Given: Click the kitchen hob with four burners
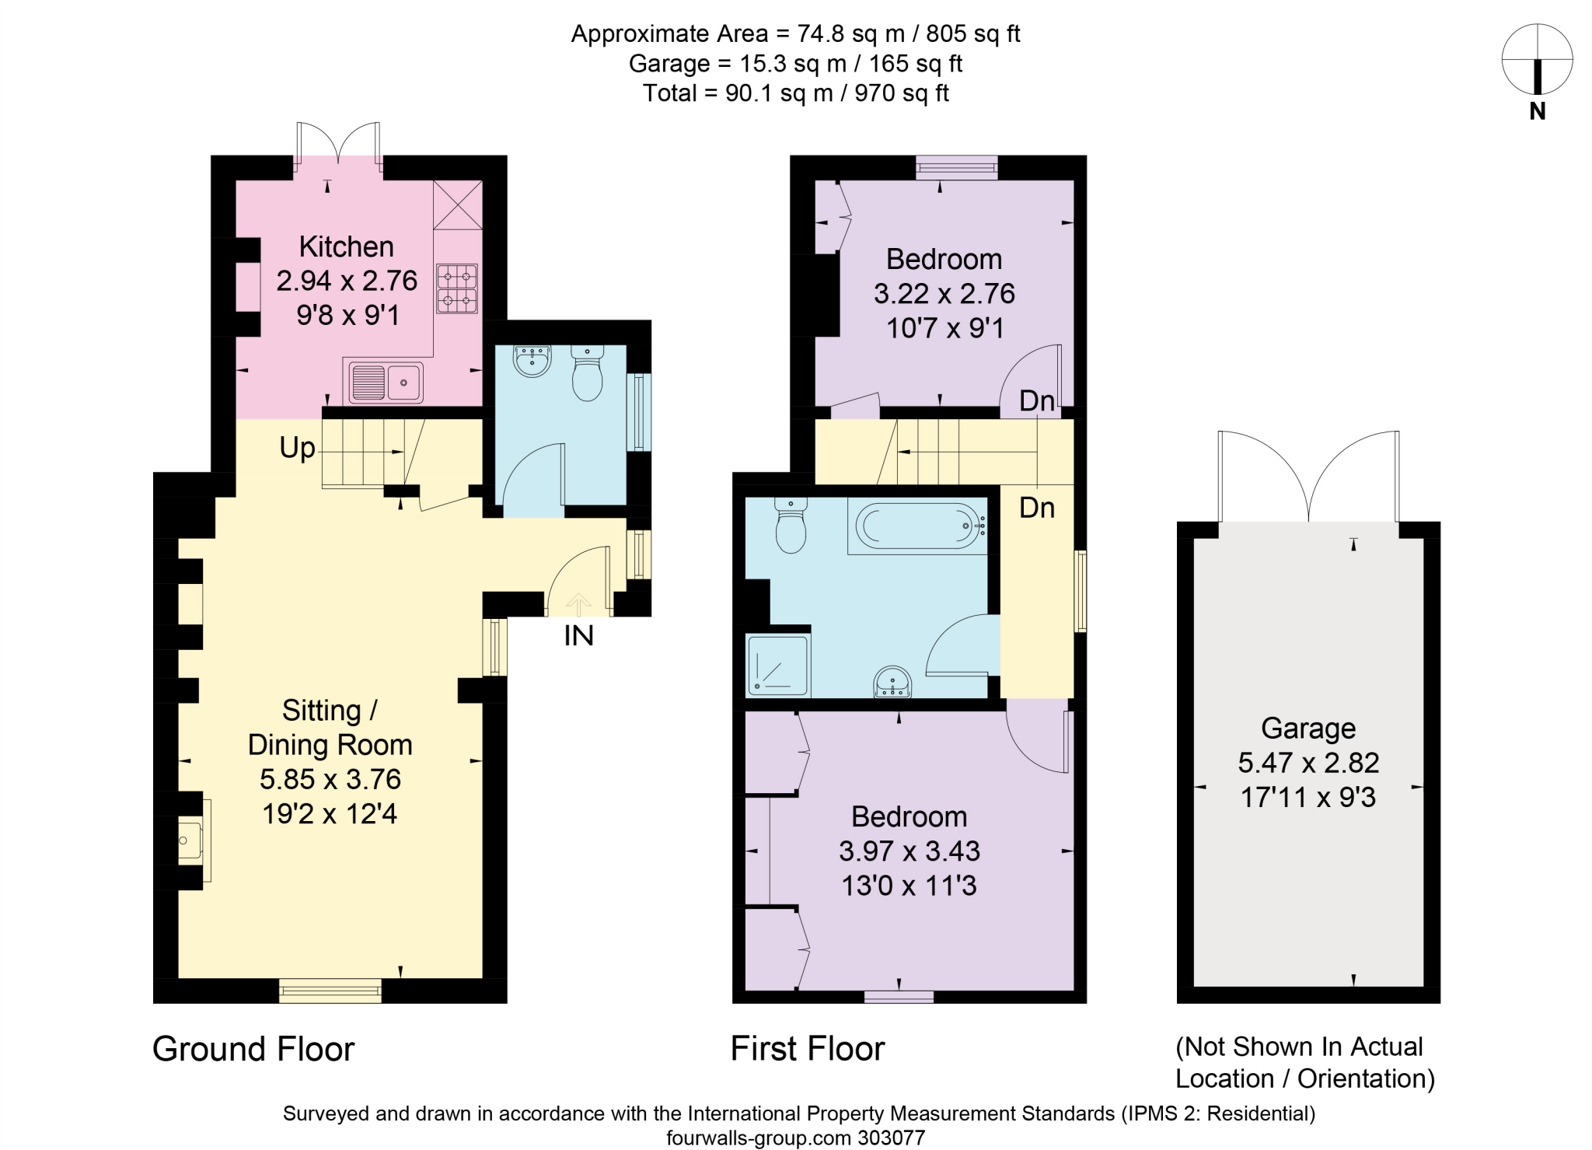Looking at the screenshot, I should click(457, 288).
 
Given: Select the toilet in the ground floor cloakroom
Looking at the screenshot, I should click(587, 373).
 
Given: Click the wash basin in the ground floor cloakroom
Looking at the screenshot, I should click(532, 361).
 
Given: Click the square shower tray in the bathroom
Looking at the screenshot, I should click(777, 665).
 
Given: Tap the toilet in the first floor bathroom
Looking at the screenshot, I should click(791, 526).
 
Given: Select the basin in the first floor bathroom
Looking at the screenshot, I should click(892, 682).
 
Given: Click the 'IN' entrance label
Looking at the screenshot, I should click(578, 635).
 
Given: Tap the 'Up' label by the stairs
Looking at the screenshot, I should click(297, 448).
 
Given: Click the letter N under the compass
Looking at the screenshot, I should click(1537, 112).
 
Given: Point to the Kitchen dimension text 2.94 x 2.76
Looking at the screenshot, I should click(347, 281).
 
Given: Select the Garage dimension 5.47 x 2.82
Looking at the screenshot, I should click(1308, 763).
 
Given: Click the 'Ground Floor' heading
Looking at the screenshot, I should click(253, 1049).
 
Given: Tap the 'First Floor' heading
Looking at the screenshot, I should click(808, 1049).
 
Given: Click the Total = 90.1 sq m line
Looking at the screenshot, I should click(795, 93).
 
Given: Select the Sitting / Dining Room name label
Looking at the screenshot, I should click(330, 728).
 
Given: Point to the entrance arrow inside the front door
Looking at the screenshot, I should click(578, 603).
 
